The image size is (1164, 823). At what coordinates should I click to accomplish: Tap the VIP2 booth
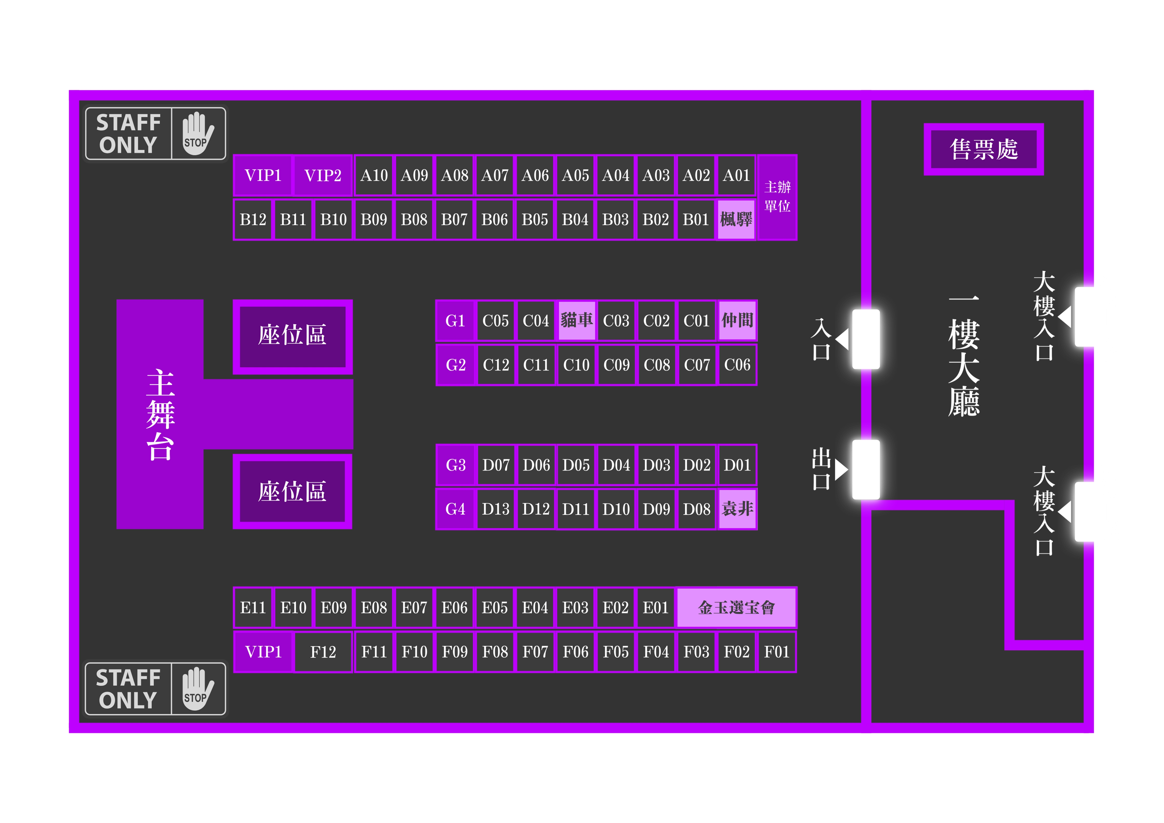tap(323, 175)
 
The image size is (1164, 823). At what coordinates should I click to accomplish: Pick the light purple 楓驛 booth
tap(736, 220)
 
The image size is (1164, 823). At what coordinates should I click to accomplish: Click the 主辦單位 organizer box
tap(777, 197)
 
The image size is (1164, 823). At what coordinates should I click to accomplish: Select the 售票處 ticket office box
tap(984, 149)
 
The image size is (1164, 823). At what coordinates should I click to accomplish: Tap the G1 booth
tap(455, 321)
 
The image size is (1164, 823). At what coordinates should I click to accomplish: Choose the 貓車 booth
tap(576, 321)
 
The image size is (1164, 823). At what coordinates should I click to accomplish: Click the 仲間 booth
tap(737, 321)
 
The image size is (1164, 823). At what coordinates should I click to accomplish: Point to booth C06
tap(737, 365)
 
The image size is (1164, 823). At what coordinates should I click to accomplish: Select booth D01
tap(737, 465)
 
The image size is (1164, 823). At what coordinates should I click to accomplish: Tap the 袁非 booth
tap(737, 509)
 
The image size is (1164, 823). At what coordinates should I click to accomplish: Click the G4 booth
tap(455, 509)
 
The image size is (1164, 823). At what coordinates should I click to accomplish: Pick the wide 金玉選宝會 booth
tap(736, 608)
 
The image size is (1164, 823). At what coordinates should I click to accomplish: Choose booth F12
tap(323, 652)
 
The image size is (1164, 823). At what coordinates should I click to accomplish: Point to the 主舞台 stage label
tap(160, 414)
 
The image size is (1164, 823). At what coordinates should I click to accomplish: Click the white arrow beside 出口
tap(841, 469)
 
